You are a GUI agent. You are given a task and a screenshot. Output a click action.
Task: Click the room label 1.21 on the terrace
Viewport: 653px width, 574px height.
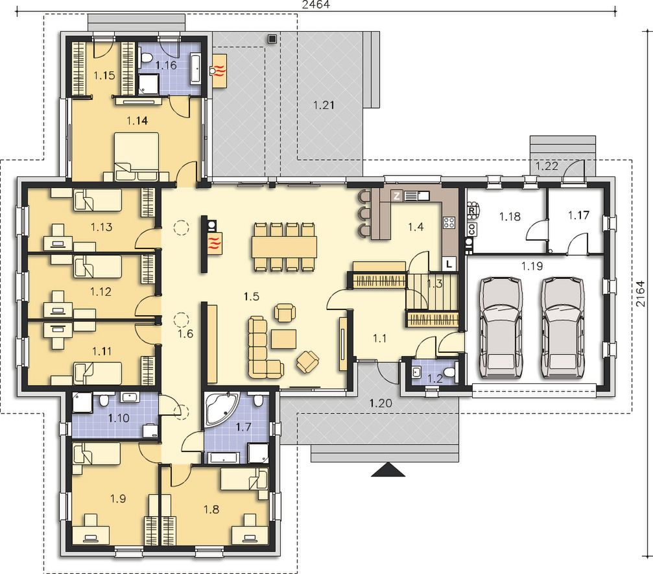click(x=324, y=105)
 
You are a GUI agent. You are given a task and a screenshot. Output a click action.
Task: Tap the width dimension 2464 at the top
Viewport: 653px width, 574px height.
click(x=316, y=5)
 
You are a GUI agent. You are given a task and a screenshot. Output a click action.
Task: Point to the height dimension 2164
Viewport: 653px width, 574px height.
click(x=640, y=294)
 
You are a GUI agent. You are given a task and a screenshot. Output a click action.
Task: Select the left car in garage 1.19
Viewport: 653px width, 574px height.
click(x=501, y=329)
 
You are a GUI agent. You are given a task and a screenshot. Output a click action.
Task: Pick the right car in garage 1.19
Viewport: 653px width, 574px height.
click(x=562, y=329)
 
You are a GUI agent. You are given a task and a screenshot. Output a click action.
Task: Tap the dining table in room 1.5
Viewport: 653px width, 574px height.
click(x=285, y=247)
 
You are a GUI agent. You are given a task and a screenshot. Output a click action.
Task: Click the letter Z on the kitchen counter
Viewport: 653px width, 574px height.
click(x=396, y=195)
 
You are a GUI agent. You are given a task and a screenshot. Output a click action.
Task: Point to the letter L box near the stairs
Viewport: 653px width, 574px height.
click(x=449, y=264)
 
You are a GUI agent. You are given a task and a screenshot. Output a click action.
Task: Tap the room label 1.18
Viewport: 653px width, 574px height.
click(x=510, y=217)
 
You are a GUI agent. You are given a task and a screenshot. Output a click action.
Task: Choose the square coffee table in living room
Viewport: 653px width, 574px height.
click(x=283, y=339)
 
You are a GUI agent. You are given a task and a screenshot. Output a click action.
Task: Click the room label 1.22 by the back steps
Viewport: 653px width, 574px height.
click(x=547, y=166)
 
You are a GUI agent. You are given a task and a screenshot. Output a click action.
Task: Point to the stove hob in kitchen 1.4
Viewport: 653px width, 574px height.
click(x=449, y=222)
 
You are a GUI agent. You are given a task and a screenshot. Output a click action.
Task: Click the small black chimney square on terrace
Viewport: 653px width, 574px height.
click(x=272, y=39)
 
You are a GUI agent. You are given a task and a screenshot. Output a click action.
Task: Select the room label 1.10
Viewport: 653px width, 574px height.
click(x=119, y=418)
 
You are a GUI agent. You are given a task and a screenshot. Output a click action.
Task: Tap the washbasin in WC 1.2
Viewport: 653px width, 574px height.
click(x=416, y=372)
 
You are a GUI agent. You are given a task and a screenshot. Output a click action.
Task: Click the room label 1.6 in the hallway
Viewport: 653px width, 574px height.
click(x=185, y=333)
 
